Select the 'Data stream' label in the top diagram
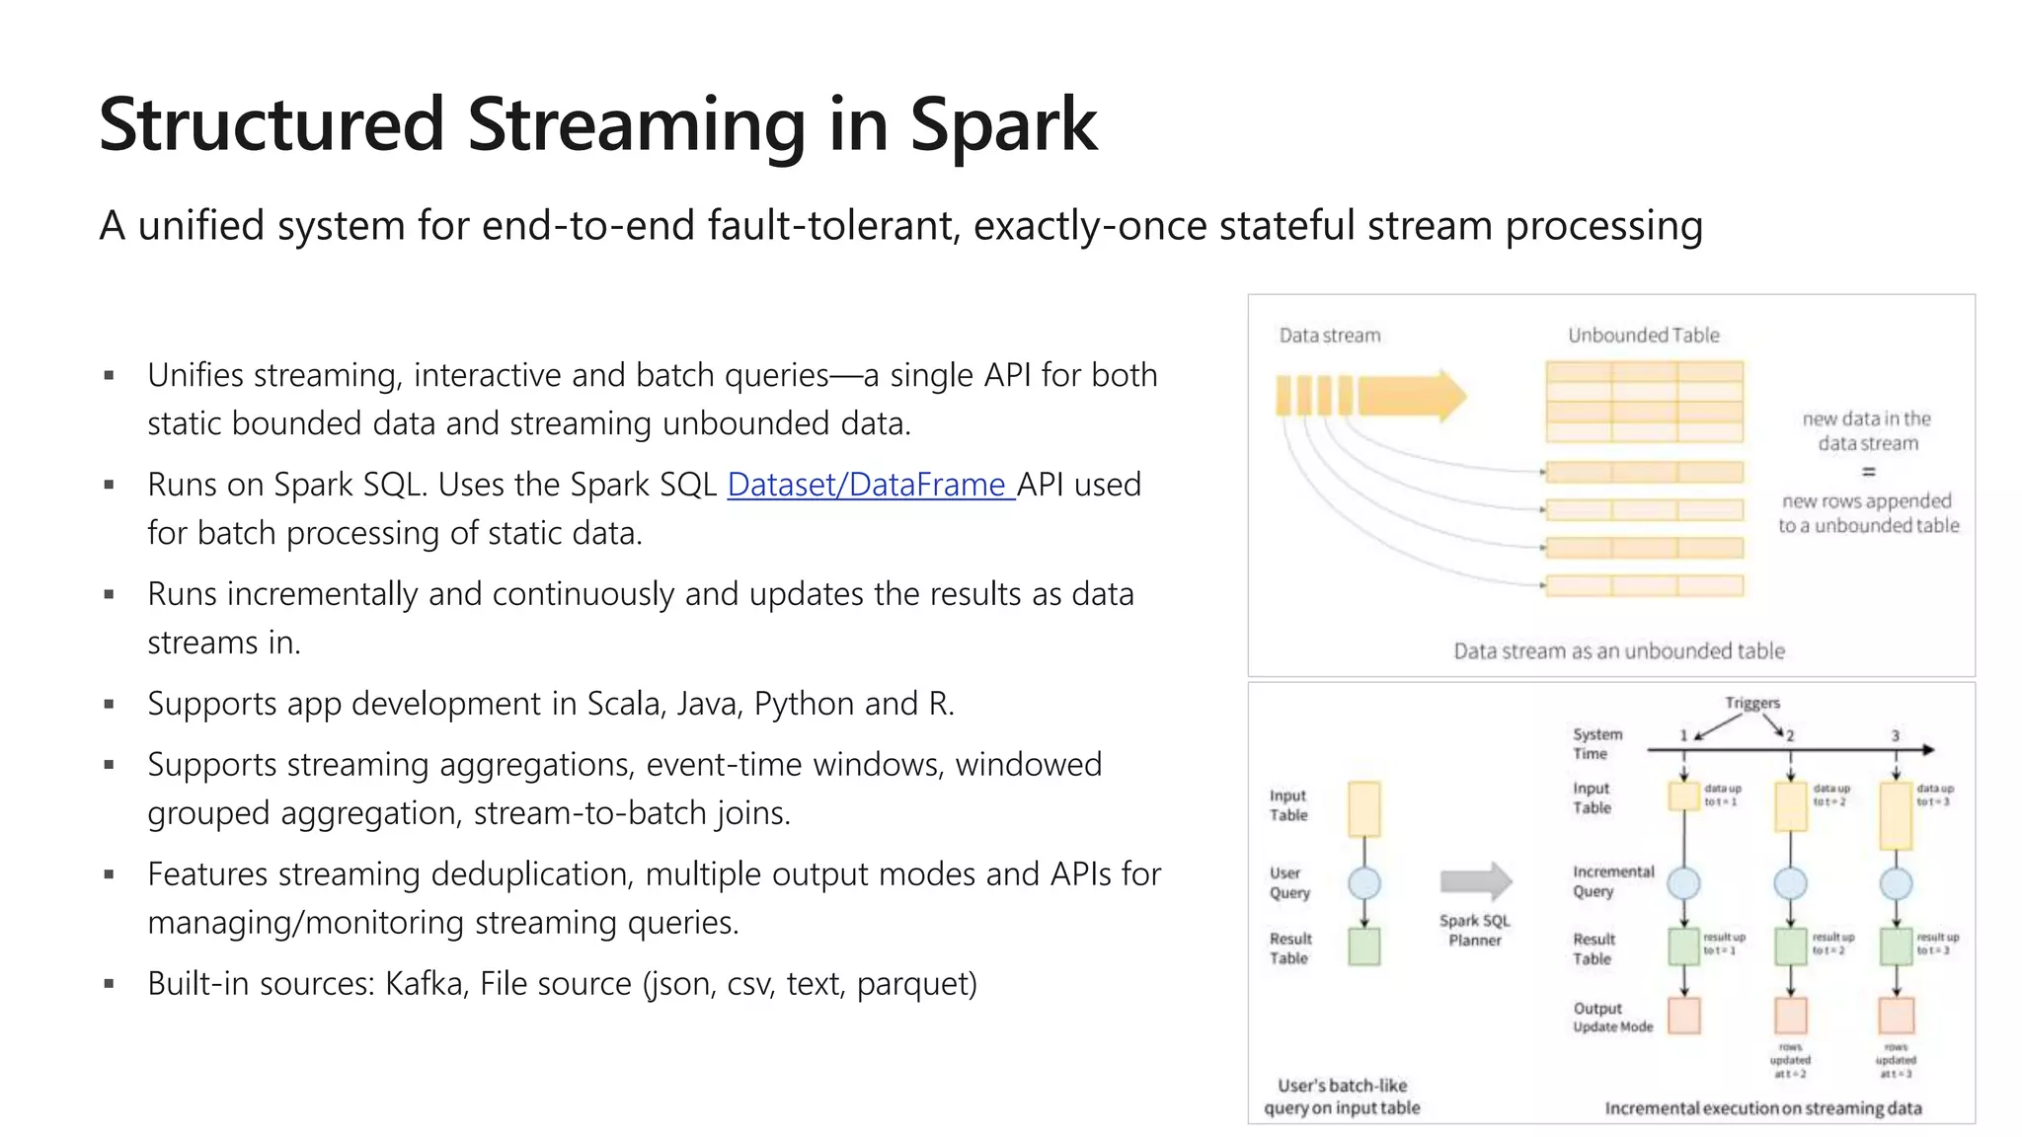(1329, 336)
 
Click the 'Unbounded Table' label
(1643, 336)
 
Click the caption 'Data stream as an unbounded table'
(1618, 651)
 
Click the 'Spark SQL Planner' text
(1474, 930)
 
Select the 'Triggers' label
(1751, 703)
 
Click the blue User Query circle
(1363, 882)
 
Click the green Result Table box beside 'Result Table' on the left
(1363, 947)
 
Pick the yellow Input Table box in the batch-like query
(1363, 808)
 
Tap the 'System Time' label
(1596, 743)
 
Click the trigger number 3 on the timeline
(1895, 736)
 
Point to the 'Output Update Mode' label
(1611, 1018)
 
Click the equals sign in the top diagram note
(1868, 472)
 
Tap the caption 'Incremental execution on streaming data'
(1762, 1108)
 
